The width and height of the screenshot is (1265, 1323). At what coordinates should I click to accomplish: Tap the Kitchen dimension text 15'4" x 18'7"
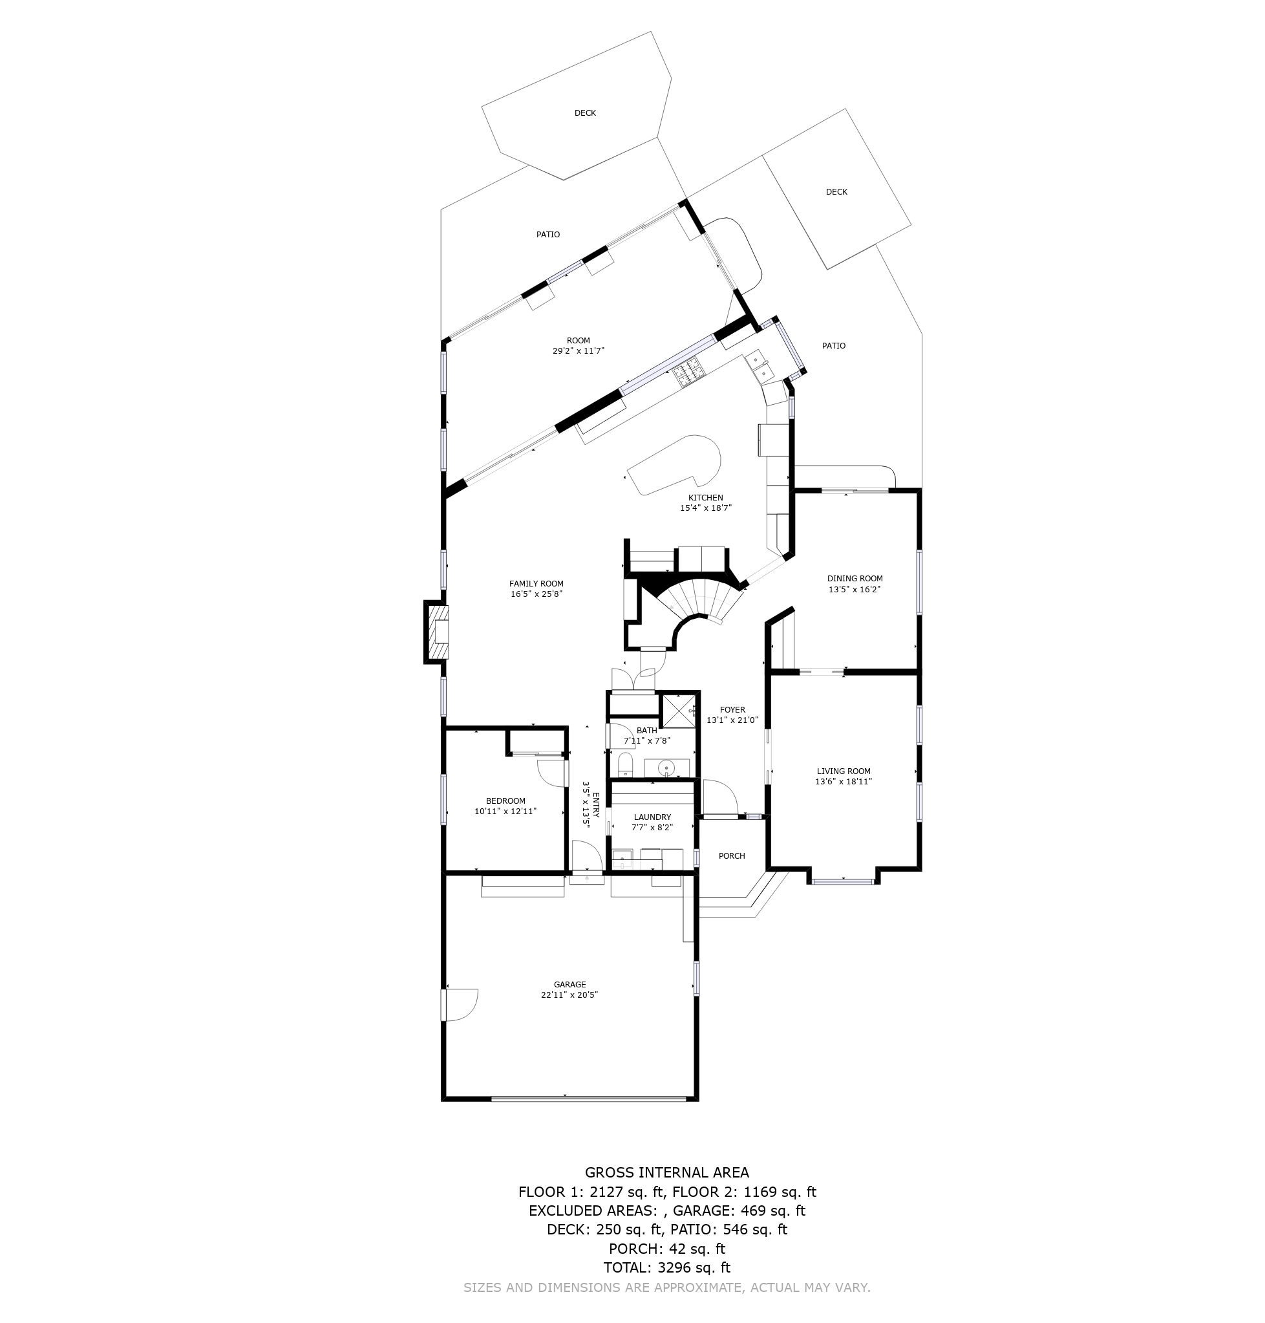705,508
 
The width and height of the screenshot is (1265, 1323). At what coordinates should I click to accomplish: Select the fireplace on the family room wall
437,632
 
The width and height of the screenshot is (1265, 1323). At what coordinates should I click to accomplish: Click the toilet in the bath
625,764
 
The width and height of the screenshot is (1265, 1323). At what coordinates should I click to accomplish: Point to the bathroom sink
666,768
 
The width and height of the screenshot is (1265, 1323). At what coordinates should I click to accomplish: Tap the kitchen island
674,466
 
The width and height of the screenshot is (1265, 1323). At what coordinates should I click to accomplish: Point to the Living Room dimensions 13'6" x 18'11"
843,782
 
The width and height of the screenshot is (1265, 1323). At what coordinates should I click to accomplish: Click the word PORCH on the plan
732,856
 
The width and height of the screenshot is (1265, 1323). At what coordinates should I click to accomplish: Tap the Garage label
569,984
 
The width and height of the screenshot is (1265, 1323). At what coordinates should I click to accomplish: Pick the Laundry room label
652,817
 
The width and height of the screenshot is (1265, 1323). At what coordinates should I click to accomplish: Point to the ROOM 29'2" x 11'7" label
578,346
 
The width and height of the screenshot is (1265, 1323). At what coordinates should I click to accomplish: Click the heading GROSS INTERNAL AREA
667,1173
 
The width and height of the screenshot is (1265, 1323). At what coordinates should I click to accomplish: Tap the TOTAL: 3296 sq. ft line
667,1267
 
